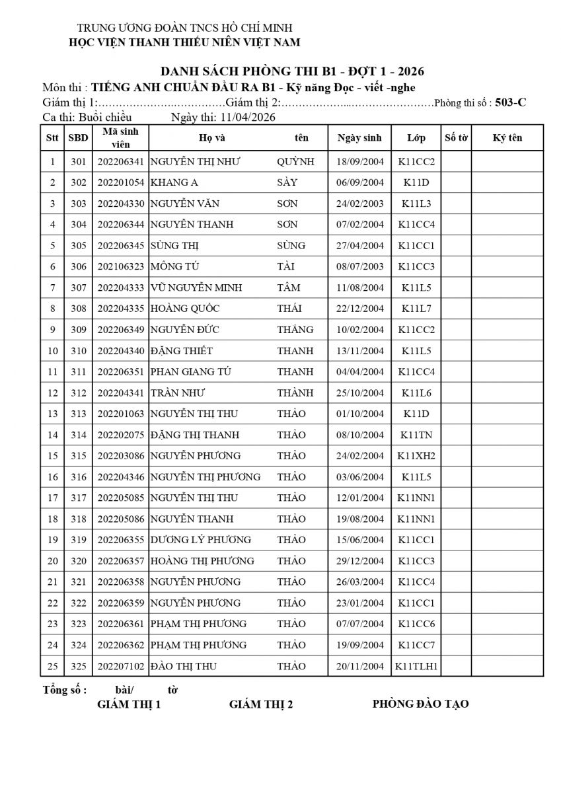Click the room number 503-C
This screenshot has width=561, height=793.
click(x=511, y=102)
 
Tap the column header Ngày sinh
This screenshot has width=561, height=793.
click(x=359, y=138)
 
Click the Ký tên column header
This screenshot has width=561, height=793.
click(x=507, y=138)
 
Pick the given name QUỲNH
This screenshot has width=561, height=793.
click(x=295, y=161)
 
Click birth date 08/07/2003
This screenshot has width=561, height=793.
click(x=360, y=266)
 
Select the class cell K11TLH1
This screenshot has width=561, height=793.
click(x=416, y=666)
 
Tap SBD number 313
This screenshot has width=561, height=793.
click(x=79, y=414)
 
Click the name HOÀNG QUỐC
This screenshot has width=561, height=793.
click(x=185, y=309)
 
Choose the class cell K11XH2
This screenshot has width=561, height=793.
click(x=416, y=456)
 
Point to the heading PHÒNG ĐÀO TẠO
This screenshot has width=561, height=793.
click(x=420, y=704)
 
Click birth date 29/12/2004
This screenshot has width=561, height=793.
click(x=360, y=561)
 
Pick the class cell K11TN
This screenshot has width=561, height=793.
click(x=416, y=435)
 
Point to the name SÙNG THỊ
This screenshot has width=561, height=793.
click(x=175, y=246)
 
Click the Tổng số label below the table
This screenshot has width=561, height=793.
click(x=64, y=690)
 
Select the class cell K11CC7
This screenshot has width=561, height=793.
click(x=416, y=645)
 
